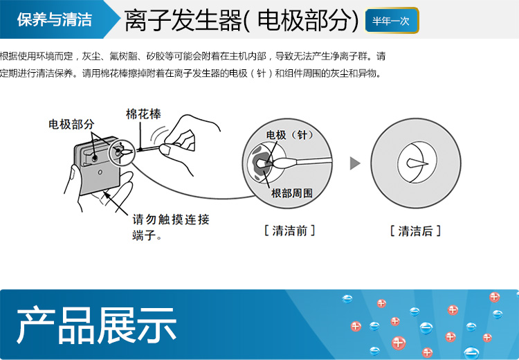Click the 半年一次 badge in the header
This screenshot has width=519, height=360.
click(x=392, y=21)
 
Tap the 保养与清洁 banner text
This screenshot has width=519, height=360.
click(x=54, y=19)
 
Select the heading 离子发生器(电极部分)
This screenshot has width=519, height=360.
click(x=242, y=20)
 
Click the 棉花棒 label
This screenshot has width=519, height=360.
click(x=143, y=114)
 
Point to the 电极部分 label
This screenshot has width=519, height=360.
click(x=71, y=125)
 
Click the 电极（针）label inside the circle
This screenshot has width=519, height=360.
click(x=289, y=135)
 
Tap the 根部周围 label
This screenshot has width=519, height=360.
click(x=291, y=193)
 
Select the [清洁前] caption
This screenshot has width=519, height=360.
click(x=290, y=231)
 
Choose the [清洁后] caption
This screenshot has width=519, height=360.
click(x=415, y=231)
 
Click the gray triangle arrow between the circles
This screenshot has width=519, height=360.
click(x=355, y=163)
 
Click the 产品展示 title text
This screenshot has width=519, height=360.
click(x=96, y=325)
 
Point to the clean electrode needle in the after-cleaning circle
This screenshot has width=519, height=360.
click(x=417, y=163)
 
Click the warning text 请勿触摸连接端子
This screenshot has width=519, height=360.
click(x=171, y=227)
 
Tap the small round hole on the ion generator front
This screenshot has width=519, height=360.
click(x=100, y=172)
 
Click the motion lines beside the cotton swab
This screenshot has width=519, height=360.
click(x=158, y=134)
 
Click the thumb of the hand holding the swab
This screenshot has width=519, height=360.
click(x=165, y=149)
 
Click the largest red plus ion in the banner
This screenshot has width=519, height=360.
click(x=399, y=343)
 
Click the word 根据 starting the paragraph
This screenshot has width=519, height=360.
click(x=8, y=56)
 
